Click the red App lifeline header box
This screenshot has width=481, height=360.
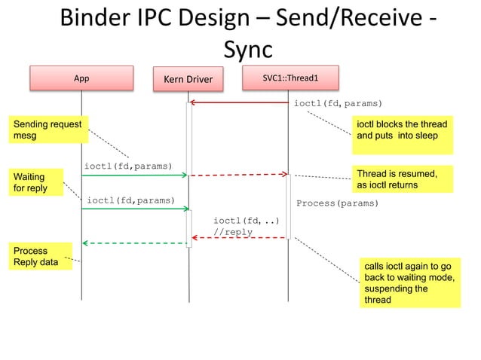point(81,78)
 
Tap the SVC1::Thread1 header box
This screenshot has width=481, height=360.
point(290,78)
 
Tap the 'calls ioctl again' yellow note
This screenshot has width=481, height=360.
point(409,283)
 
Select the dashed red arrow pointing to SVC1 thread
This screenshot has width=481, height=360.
point(238,175)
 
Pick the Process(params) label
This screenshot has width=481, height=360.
point(337,203)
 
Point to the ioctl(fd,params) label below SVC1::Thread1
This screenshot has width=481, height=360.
point(337,103)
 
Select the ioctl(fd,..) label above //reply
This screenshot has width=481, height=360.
point(246,221)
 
